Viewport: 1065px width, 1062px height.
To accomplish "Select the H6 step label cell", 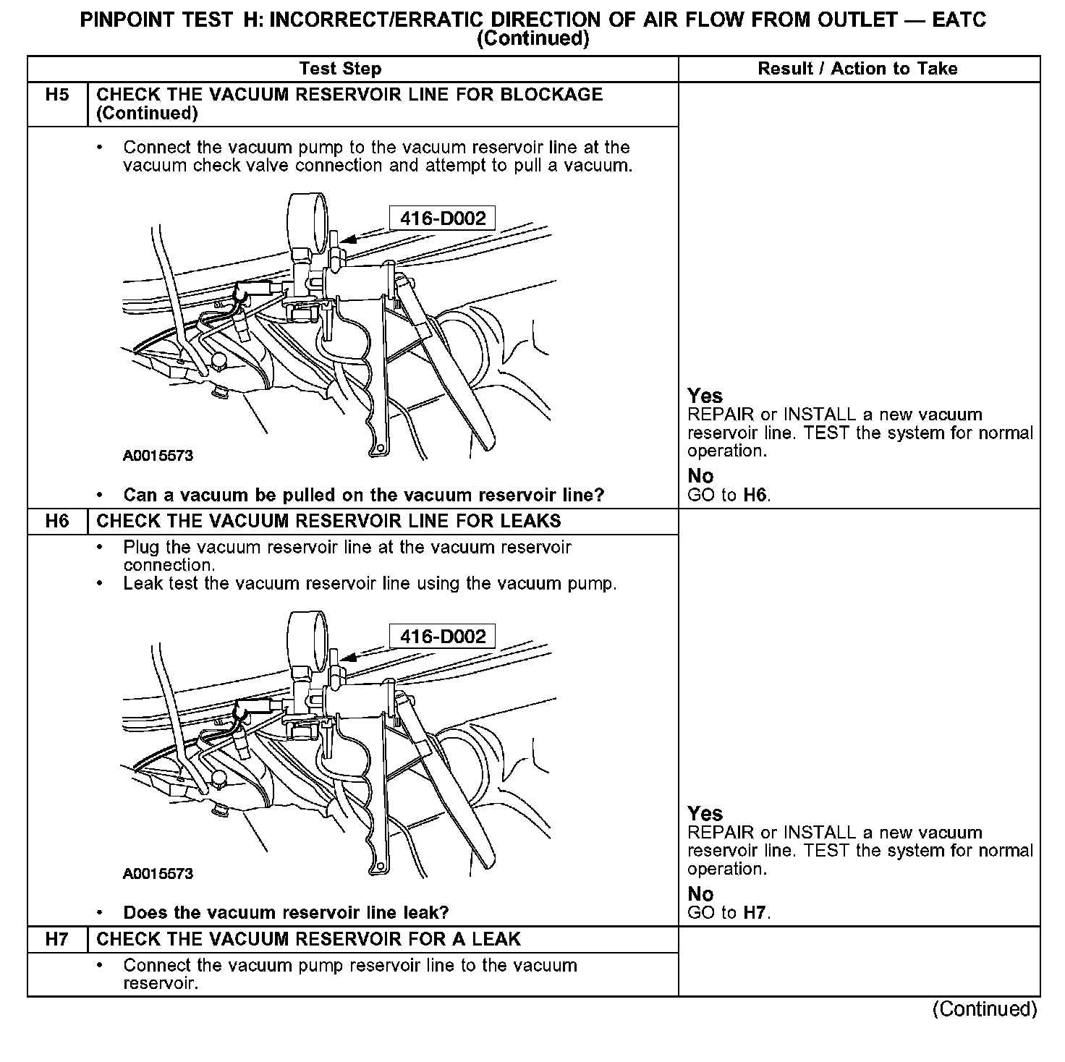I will point(57,521).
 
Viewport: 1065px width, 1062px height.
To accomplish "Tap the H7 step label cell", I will point(57,939).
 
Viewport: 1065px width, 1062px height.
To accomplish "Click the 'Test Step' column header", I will point(340,69).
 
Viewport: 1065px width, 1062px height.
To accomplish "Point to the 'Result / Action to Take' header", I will point(857,69).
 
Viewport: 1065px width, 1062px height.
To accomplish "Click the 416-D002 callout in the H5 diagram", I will point(442,218).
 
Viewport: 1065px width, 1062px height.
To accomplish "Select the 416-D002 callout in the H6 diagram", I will point(442,637).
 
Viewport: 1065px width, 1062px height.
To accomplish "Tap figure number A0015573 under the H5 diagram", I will point(158,456).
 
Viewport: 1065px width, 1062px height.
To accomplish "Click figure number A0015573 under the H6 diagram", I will point(158,873).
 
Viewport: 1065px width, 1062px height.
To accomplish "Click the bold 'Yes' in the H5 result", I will point(705,396).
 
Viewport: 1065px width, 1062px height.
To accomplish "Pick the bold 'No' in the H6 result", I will point(700,893).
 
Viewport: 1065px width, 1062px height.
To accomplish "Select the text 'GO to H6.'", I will point(729,495).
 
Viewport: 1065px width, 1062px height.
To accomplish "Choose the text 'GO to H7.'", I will point(729,912).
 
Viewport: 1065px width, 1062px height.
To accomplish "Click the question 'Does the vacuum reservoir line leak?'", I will point(286,912).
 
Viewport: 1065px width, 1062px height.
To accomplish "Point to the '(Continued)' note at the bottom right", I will point(985,1008).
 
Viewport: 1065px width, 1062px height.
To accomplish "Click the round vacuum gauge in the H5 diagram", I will point(307,217).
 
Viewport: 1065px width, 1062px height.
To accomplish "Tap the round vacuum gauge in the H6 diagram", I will point(307,635).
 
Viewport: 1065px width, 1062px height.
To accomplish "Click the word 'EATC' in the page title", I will point(959,20).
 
